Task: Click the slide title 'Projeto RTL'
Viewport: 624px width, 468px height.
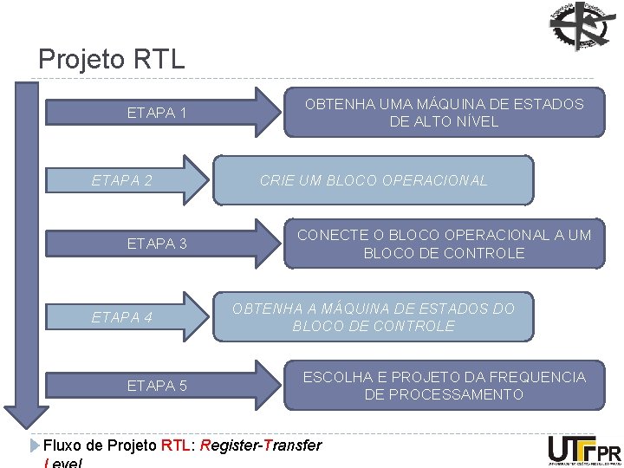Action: click(112, 59)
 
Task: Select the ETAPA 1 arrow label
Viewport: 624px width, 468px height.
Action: click(157, 113)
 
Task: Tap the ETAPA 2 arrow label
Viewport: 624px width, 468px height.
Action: click(122, 181)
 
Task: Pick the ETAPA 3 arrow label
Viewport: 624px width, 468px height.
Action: click(157, 244)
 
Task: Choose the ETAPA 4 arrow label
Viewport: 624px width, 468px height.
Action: click(122, 317)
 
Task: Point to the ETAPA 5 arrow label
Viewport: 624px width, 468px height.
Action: click(157, 386)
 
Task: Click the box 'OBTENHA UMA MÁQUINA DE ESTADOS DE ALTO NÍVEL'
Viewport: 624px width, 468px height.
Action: click(444, 113)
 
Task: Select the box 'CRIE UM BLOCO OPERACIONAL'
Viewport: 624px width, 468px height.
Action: click(374, 181)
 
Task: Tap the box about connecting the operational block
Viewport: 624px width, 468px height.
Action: click(444, 244)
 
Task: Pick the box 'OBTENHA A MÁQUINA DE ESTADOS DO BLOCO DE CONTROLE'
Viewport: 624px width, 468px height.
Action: click(374, 317)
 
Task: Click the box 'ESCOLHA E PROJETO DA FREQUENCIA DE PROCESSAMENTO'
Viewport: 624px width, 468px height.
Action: click(444, 386)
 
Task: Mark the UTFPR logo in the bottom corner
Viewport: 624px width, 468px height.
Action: click(584, 449)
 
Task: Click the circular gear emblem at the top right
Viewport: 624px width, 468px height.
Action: click(582, 27)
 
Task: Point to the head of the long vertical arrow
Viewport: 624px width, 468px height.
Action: click(23, 414)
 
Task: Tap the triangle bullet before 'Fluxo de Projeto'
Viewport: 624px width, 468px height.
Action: click(35, 445)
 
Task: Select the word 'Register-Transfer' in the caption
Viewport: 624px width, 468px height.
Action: click(261, 445)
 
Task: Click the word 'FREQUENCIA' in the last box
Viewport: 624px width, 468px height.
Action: click(543, 377)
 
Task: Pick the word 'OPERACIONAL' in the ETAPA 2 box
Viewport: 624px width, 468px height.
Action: click(441, 181)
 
